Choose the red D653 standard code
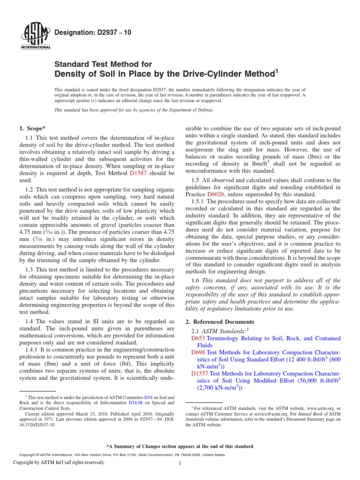198,338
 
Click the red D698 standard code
198,352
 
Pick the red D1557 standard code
200,374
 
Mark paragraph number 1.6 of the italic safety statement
196,280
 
